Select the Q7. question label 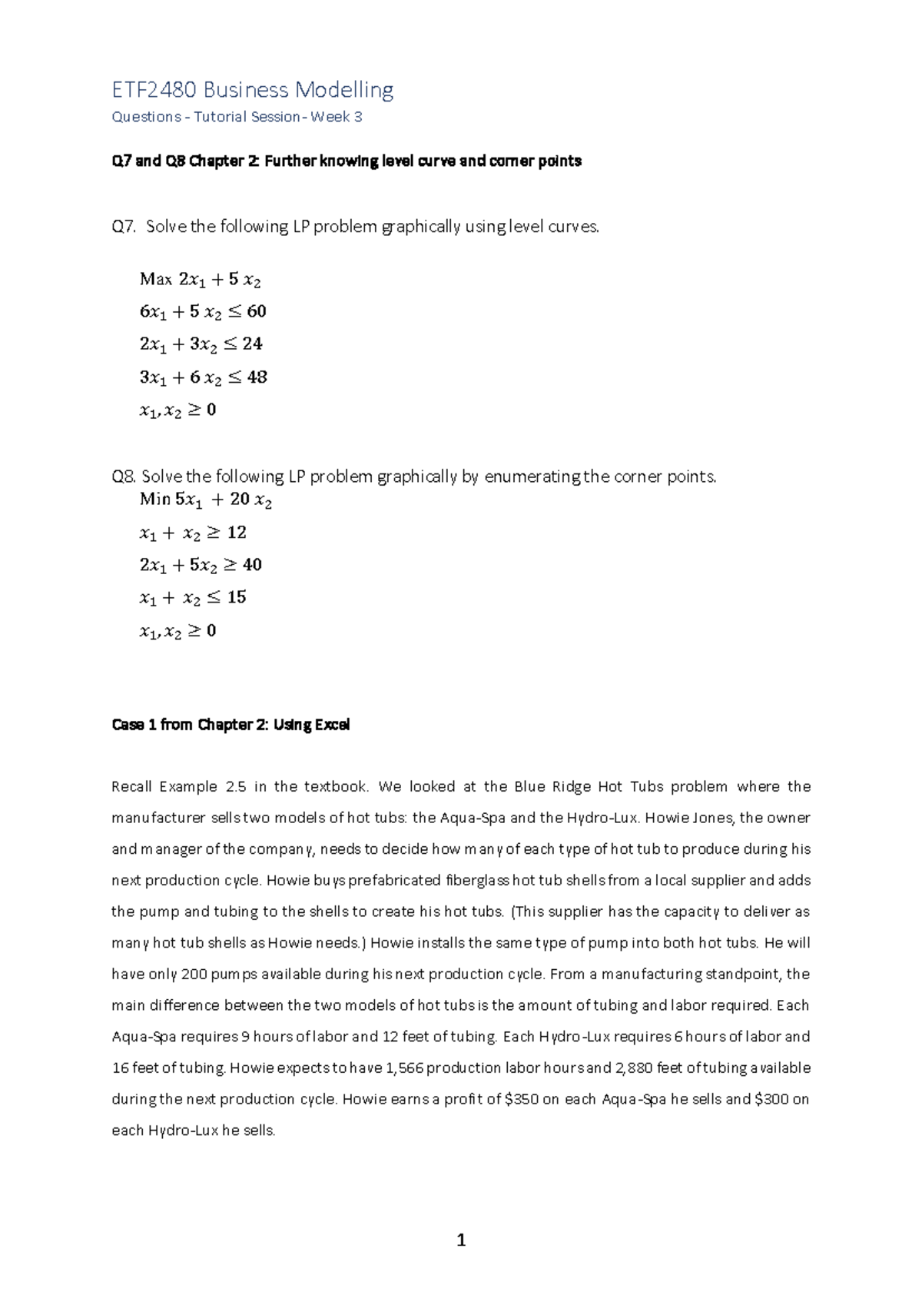click(124, 227)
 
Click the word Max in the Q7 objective click(155, 279)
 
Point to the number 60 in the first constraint click(256, 311)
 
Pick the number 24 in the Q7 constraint click(252, 344)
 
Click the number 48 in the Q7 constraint click(257, 377)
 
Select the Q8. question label click(124, 477)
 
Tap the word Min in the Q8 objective click(155, 500)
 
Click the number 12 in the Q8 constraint click(237, 532)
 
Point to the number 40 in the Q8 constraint click(252, 565)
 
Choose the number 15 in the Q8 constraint click(237, 597)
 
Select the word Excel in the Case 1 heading click(332, 725)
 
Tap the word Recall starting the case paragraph click(132, 786)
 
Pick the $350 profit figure click(522, 1099)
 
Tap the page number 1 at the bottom click(461, 1240)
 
